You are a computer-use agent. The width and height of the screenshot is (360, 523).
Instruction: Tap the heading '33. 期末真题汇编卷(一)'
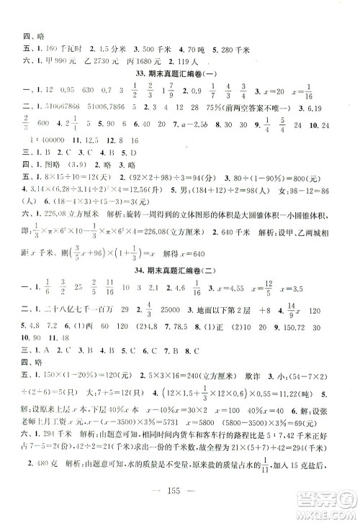click(179, 76)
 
